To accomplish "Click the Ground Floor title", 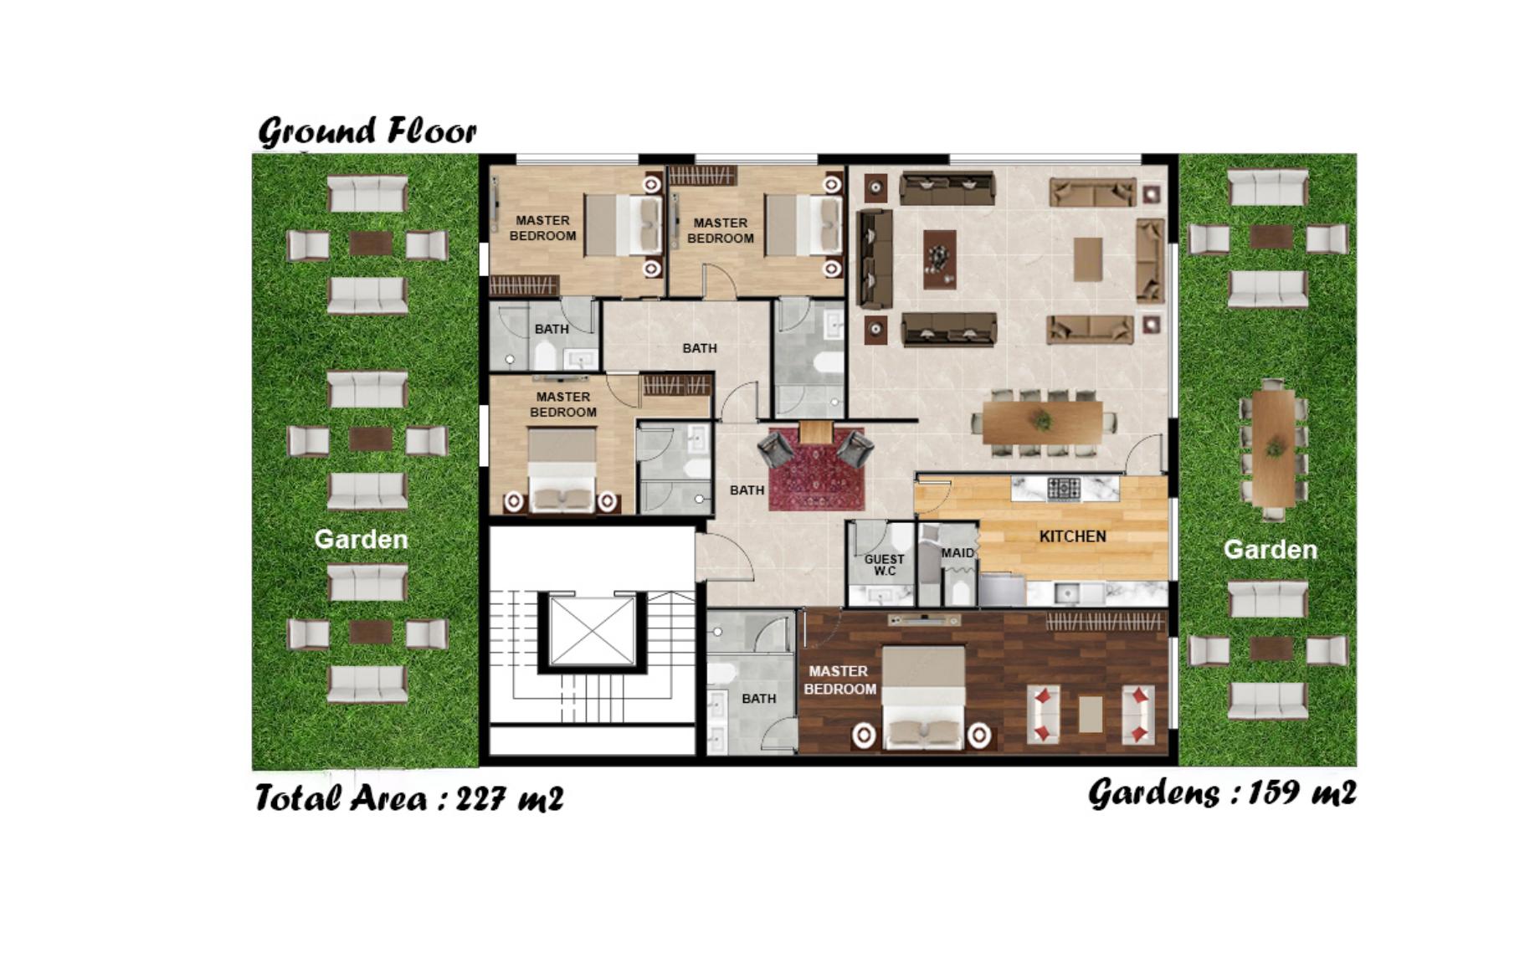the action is click(367, 131).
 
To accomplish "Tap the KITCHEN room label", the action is click(1072, 536).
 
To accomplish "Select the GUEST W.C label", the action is click(884, 565).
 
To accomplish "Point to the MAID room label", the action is click(957, 553).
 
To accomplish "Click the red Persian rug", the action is click(816, 469).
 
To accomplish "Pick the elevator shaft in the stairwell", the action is click(592, 631).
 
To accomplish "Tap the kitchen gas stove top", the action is click(1064, 488).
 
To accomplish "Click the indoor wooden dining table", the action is click(1042, 423).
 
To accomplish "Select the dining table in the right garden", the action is click(1273, 448).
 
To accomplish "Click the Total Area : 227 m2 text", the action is click(409, 798).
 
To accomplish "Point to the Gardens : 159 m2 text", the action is click(1222, 792).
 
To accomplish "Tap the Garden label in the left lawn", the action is click(361, 540).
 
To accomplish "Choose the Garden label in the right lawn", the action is click(1270, 550).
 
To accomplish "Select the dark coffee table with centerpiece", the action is click(940, 259).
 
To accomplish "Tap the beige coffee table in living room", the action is click(1088, 259).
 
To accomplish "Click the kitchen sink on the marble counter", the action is click(1066, 593).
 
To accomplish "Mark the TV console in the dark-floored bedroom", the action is click(924, 621).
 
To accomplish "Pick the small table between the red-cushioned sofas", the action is click(1090, 714).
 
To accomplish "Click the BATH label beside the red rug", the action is click(747, 490).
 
